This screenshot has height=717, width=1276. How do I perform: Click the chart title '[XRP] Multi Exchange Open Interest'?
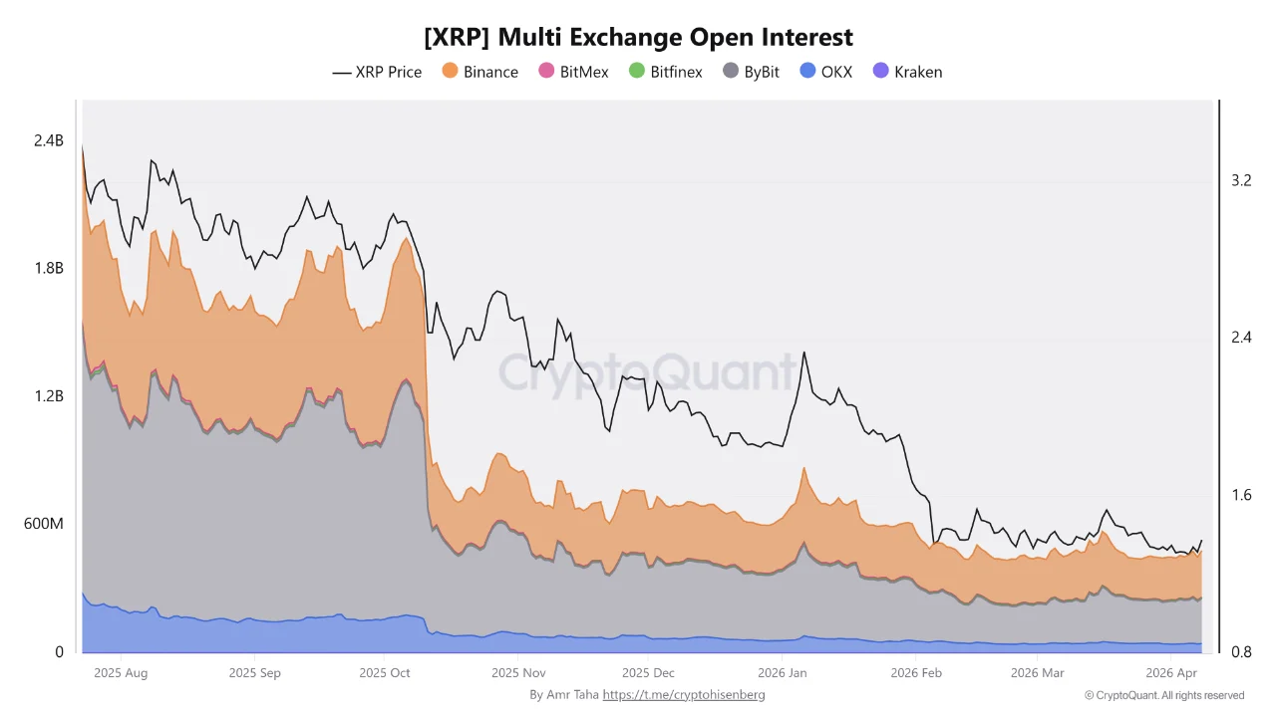pyautogui.click(x=638, y=37)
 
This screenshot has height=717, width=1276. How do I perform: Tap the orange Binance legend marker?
pyautogui.click(x=450, y=72)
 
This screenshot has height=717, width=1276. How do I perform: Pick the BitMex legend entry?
pyautogui.click(x=573, y=72)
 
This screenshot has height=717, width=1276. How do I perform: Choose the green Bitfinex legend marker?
pyautogui.click(x=637, y=72)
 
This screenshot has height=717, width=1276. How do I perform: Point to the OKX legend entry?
pyautogui.click(x=826, y=72)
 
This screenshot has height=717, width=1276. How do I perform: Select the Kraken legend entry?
pyautogui.click(x=907, y=72)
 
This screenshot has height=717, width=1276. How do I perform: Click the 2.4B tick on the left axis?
pyautogui.click(x=48, y=141)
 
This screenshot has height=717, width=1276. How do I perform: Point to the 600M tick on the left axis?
pyautogui.click(x=44, y=524)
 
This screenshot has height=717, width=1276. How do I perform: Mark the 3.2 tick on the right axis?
pyautogui.click(x=1241, y=180)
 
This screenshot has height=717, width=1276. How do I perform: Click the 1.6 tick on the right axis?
pyautogui.click(x=1241, y=495)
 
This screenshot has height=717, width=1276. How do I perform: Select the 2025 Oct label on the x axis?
pyautogui.click(x=384, y=673)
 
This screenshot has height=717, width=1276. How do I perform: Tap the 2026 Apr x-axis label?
pyautogui.click(x=1172, y=673)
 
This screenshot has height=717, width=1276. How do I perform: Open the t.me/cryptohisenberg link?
pyautogui.click(x=684, y=694)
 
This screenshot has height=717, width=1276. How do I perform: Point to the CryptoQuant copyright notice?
pyautogui.click(x=1163, y=695)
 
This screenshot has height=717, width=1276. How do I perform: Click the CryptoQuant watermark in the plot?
pyautogui.click(x=648, y=372)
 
